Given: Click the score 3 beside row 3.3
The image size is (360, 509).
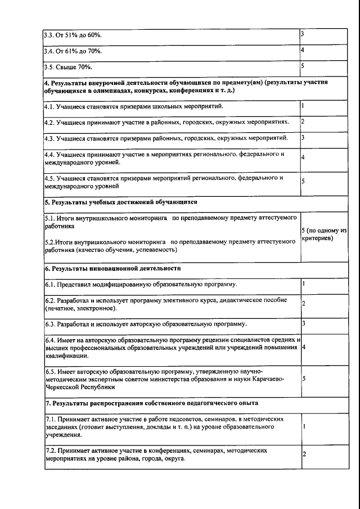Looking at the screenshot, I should [x=303, y=35].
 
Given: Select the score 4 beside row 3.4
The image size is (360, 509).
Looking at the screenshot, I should [x=303, y=51].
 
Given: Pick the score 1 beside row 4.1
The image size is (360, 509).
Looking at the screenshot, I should [x=303, y=105].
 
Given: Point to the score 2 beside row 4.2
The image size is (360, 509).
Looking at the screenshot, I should [x=303, y=121].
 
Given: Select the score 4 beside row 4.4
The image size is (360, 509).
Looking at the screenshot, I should [x=303, y=157].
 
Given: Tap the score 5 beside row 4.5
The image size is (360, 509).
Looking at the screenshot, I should [x=303, y=181].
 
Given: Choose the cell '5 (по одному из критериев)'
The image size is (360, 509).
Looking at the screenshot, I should [x=323, y=235].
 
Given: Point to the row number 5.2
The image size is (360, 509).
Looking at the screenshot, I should [x=49, y=241].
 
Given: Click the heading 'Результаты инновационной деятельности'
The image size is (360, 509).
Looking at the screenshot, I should [x=116, y=268].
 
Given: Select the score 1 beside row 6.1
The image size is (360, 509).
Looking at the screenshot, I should [x=303, y=283].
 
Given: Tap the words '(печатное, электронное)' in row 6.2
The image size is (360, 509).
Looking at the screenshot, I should [x=81, y=308].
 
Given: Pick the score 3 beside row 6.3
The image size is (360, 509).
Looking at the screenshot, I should [x=303, y=323].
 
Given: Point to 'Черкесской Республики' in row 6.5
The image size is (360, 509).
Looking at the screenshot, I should [x=79, y=386].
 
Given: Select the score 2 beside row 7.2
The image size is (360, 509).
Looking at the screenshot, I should [x=303, y=454].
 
